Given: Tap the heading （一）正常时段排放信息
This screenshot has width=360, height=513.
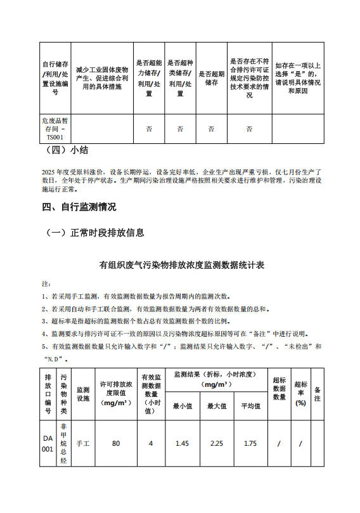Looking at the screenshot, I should click(x=94, y=233).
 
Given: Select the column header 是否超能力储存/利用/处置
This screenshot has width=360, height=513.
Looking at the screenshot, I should click(x=149, y=77).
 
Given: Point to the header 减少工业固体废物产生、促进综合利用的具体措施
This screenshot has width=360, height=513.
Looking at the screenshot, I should click(x=102, y=77).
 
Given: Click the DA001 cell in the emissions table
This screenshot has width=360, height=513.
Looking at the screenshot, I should click(x=48, y=443).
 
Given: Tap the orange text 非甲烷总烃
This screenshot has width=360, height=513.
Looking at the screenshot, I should click(x=63, y=443).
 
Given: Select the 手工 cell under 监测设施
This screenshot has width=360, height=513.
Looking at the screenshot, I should click(x=83, y=444).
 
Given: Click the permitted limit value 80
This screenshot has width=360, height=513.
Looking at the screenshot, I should click(x=116, y=444).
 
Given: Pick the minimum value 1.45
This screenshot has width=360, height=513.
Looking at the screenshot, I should click(x=182, y=444).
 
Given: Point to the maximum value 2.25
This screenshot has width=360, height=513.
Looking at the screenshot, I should click(x=217, y=444).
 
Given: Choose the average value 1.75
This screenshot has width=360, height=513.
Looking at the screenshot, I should click(x=250, y=444).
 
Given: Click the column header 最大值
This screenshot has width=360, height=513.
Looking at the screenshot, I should click(x=217, y=406).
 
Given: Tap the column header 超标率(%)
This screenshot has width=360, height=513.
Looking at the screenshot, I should click(x=301, y=394).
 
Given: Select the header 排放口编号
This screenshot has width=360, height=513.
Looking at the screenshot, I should click(x=48, y=394).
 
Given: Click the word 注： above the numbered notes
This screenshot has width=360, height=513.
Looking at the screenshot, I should click(x=46, y=283).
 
